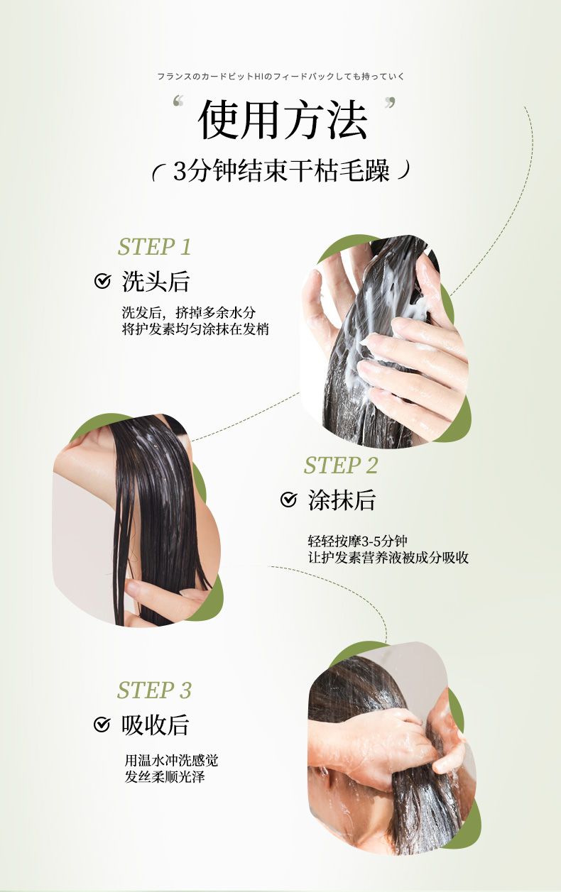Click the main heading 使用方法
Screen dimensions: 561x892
click(x=282, y=119)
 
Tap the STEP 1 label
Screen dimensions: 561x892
click(x=155, y=247)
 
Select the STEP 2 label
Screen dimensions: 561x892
click(x=341, y=465)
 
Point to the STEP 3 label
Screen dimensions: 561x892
click(x=155, y=690)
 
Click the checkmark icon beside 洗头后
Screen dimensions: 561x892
click(x=102, y=281)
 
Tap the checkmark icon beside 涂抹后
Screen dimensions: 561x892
click(x=288, y=500)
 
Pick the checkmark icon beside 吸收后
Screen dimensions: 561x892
click(x=102, y=725)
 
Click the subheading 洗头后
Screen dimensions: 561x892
click(x=156, y=282)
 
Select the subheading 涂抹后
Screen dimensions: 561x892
click(x=342, y=500)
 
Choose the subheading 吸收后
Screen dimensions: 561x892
click(x=155, y=725)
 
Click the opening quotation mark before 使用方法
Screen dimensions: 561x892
click(x=178, y=101)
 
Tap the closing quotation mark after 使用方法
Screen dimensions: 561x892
click(x=391, y=103)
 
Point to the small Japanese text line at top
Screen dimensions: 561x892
click(x=281, y=76)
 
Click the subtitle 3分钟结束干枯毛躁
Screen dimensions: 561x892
click(x=281, y=171)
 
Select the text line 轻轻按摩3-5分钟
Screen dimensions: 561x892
click(x=357, y=541)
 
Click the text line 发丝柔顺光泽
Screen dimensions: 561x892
click(x=165, y=776)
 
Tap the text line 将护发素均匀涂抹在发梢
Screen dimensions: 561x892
click(x=195, y=329)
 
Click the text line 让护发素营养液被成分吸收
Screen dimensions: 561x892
click(x=388, y=558)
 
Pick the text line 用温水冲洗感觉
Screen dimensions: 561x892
click(x=171, y=760)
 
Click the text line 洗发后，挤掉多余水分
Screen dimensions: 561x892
click(x=189, y=313)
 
